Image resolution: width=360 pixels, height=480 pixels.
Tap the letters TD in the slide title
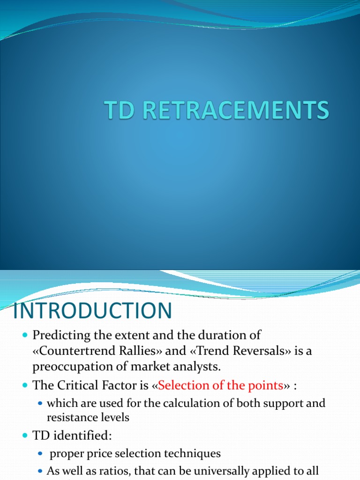pyautogui.click(x=118, y=111)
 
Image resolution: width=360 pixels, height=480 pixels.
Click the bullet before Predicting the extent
pyautogui.click(x=25, y=336)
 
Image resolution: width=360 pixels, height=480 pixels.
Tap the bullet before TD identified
pyautogui.click(x=25, y=436)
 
